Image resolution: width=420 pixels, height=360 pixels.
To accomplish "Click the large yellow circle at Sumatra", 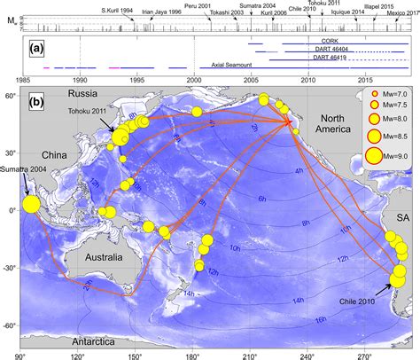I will click(31, 205).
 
